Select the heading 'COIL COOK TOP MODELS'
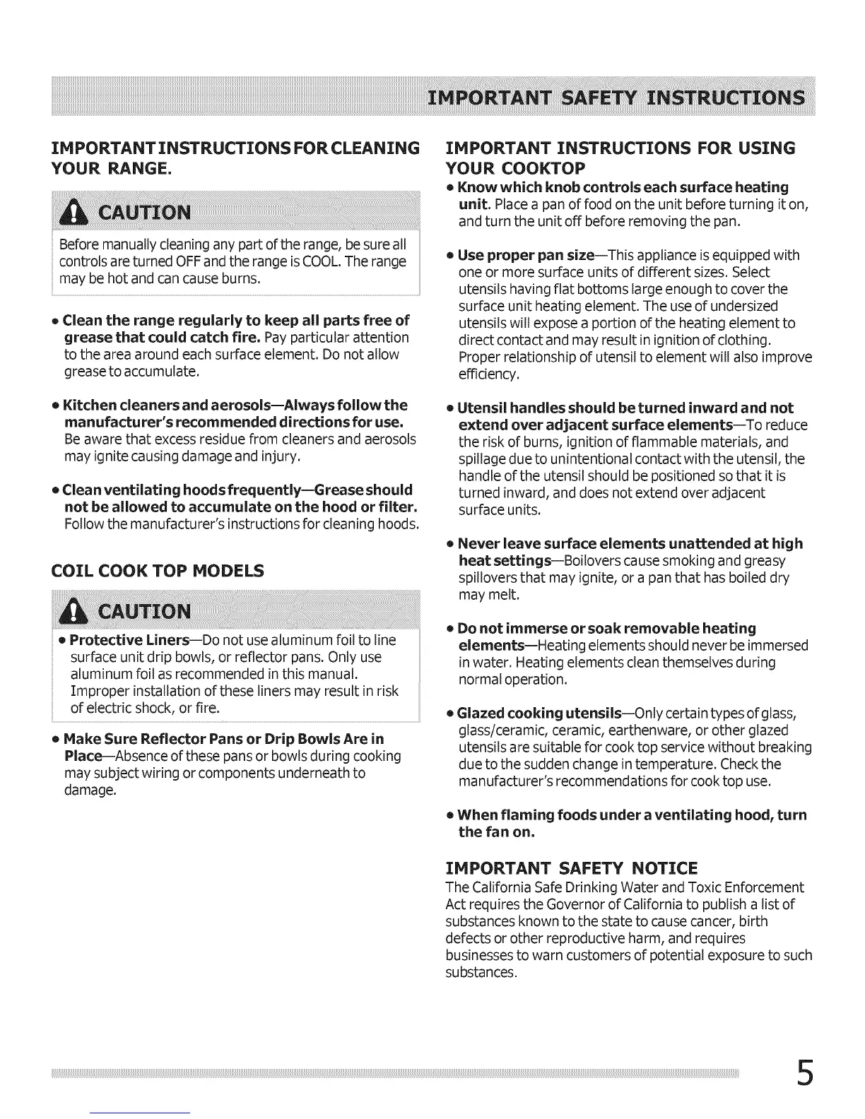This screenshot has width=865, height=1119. [158, 571]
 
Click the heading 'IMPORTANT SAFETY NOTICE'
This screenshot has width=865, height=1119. [571, 868]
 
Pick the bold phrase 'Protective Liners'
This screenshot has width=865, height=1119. [129, 640]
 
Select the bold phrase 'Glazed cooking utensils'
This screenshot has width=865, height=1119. [539, 713]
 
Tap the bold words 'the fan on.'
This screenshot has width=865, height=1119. [496, 831]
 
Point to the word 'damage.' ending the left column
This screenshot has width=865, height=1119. [90, 790]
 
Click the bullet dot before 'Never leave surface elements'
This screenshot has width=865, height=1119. [449, 544]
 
